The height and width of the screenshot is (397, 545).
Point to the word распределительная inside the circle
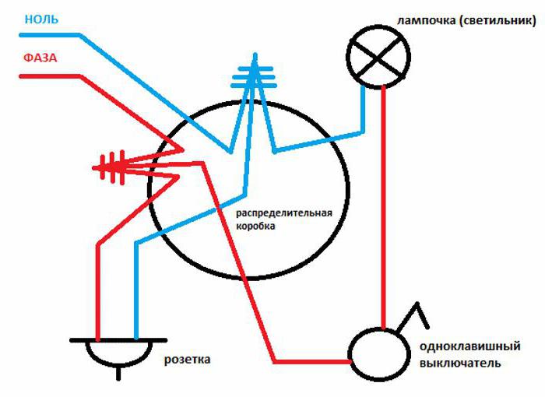(284, 213)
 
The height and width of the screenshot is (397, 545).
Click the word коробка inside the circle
(258, 225)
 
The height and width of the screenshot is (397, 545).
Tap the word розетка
(187, 360)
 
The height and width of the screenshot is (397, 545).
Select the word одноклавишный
(469, 347)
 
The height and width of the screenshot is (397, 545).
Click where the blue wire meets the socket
(136, 339)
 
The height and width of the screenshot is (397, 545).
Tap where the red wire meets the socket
(97, 339)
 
